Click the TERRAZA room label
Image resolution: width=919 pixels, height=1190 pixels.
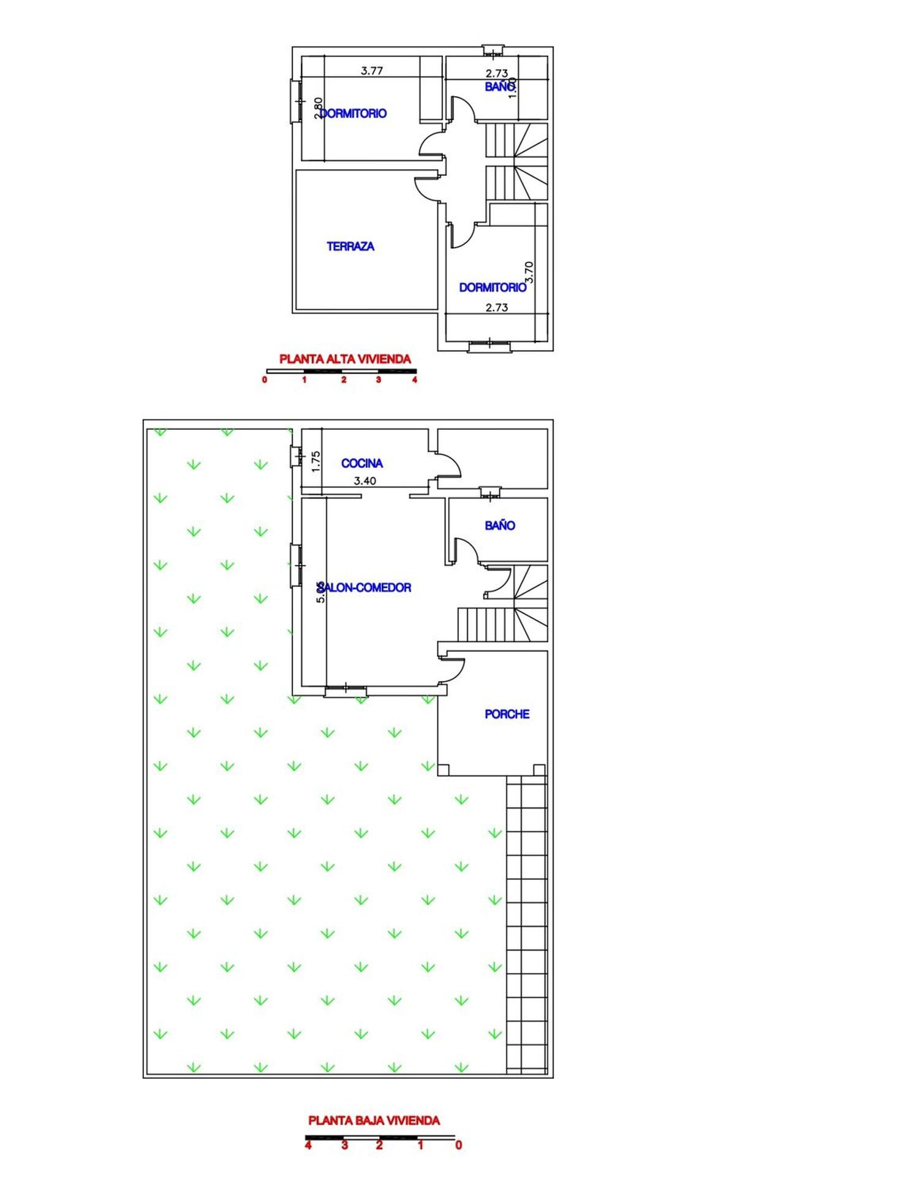coord(350,246)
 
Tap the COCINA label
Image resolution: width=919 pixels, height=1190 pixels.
coord(361,463)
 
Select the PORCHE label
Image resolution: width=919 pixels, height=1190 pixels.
coord(507,714)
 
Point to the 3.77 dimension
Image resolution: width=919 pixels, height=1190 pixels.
coord(372,71)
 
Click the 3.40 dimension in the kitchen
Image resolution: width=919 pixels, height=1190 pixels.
coord(365,481)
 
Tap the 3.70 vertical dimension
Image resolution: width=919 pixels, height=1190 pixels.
coord(529,272)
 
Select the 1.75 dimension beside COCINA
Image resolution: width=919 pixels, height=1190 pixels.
coord(316,461)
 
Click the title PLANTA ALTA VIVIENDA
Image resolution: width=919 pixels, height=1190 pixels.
coord(345,359)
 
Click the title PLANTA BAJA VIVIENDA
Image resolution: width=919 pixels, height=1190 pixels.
coord(374,1121)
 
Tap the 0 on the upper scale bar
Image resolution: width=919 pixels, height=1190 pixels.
coord(265,380)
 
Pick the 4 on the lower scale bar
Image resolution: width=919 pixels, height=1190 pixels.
coord(308,1145)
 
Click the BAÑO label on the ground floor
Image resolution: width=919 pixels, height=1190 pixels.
coord(499,525)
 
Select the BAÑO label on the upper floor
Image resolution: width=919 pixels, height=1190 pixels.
coord(499,86)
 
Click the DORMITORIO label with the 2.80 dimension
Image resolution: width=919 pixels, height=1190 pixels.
coord(354,113)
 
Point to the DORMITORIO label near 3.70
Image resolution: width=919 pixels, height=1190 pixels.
coord(492,288)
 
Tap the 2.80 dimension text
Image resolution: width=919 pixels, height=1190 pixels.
coord(318,108)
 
